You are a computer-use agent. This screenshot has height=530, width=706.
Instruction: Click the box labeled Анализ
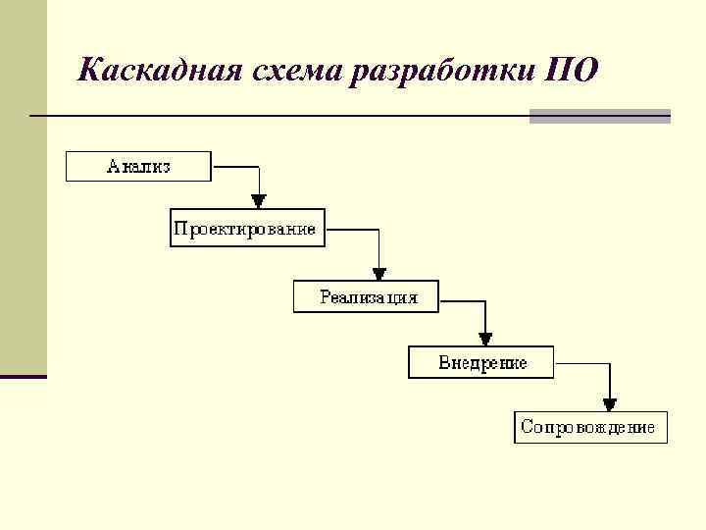tap(138, 167)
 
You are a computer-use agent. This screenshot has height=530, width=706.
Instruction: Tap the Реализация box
tap(367, 296)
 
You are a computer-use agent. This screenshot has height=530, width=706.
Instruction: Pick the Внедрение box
tap(481, 363)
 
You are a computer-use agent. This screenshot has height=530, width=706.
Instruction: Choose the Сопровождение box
tap(590, 428)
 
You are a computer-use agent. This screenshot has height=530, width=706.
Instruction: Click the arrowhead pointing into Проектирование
tap(259, 201)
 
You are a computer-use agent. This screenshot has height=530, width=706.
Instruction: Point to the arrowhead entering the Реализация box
tap(379, 274)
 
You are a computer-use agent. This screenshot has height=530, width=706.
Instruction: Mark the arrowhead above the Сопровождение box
tap(610, 404)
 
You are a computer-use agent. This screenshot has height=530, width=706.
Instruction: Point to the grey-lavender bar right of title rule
tap(600, 116)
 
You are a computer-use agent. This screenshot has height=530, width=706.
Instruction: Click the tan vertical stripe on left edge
tap(23, 186)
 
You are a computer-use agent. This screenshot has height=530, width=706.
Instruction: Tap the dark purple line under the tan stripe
tap(23, 376)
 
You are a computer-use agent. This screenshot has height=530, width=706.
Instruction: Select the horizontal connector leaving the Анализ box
tap(235, 166)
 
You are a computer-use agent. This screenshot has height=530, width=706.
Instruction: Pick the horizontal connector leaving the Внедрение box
tap(581, 363)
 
